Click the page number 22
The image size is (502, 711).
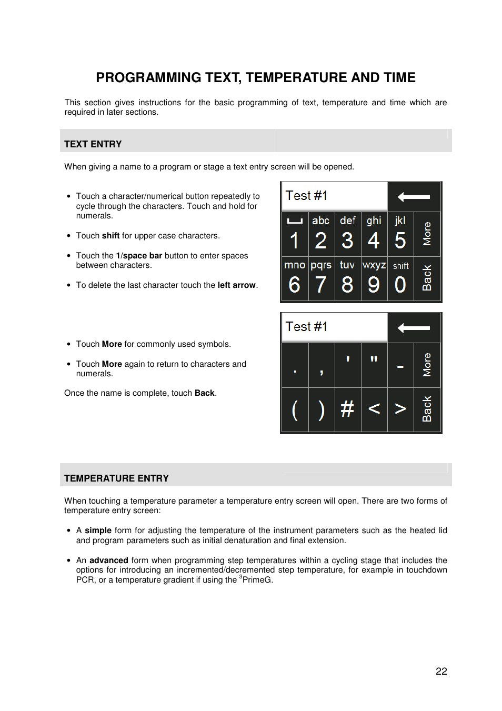441,671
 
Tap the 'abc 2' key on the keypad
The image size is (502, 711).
321,234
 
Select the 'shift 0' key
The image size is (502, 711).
400,278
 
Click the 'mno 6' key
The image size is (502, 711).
295,278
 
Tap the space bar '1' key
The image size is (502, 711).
295,234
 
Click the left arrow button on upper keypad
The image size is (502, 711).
414,197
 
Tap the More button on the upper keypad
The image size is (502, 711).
427,234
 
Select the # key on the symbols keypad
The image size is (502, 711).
347,409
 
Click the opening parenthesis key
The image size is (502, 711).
295,409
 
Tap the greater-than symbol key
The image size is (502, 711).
400,409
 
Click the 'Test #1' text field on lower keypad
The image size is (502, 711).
334,327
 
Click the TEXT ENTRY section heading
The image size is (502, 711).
93,144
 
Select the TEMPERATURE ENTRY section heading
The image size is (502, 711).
116,478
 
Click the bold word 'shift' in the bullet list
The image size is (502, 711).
111,236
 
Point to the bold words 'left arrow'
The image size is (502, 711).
236,285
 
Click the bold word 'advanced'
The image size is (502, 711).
108,560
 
